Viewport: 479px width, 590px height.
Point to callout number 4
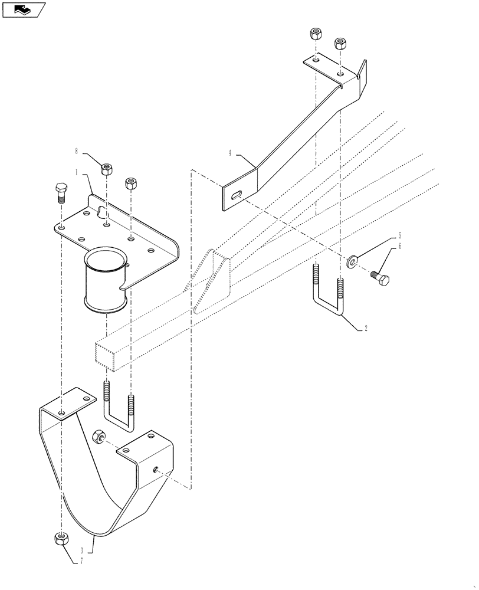click(231, 154)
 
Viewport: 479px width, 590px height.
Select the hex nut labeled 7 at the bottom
click(61, 538)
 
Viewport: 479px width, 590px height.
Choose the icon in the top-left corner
click(24, 9)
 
